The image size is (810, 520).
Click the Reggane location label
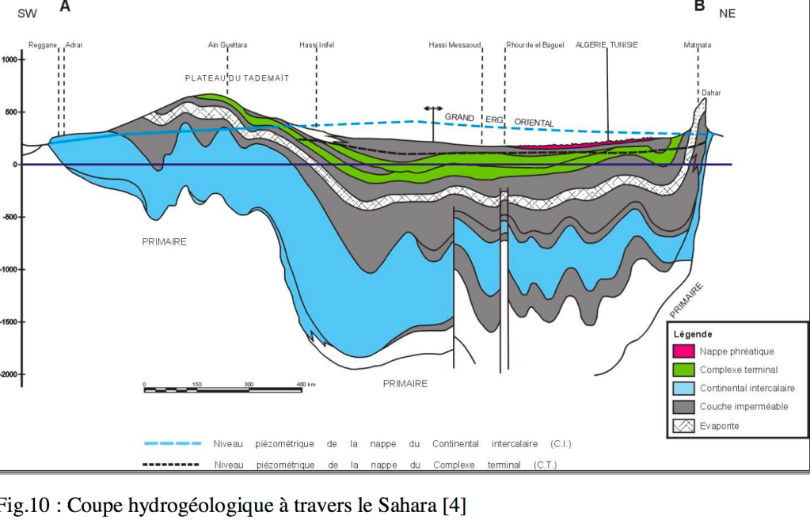click(x=42, y=45)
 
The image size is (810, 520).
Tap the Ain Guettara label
click(x=227, y=45)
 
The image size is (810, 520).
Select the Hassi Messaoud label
click(x=454, y=45)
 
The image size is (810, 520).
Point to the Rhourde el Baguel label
click(x=535, y=45)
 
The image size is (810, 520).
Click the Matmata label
click(x=697, y=45)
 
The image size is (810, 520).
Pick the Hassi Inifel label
click(x=317, y=45)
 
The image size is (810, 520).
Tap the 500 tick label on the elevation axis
click(x=10, y=112)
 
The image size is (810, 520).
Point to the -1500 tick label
click(x=9, y=322)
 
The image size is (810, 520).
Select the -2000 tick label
click(x=9, y=374)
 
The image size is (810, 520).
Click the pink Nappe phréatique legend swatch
click(x=683, y=351)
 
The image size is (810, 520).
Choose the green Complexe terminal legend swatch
click(x=683, y=369)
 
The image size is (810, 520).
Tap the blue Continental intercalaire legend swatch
click(x=683, y=388)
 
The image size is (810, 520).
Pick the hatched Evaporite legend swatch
click(x=683, y=426)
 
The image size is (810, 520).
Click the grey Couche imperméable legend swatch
click(x=683, y=407)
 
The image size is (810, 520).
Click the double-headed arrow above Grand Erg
click(x=432, y=108)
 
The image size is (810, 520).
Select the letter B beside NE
click(x=699, y=7)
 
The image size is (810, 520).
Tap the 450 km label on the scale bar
click(x=306, y=384)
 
